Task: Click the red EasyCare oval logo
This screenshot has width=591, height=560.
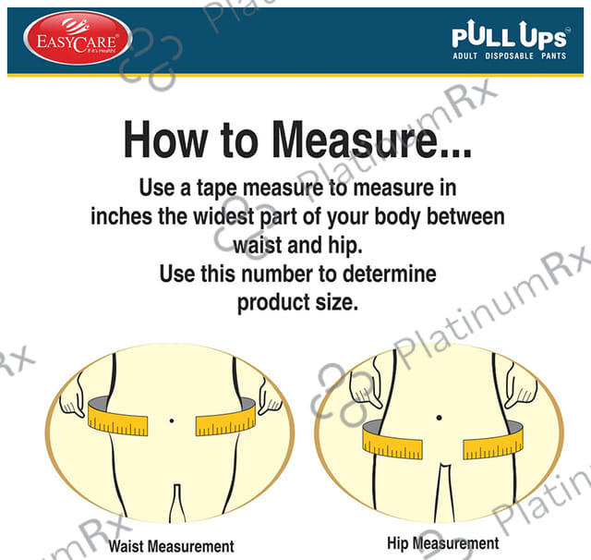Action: coord(78,38)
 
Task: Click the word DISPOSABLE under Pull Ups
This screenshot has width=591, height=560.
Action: coord(509,56)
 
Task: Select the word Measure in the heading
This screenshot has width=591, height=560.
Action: coord(371,140)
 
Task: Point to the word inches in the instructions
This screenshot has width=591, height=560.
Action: coord(121,216)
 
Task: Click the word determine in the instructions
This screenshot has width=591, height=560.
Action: coord(390,274)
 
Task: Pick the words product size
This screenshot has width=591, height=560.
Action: coord(297,302)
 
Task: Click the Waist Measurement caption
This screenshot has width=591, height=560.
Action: coord(172,546)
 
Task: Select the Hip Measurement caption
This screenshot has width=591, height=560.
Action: coord(443,543)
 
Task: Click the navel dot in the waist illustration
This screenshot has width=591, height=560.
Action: coord(172,420)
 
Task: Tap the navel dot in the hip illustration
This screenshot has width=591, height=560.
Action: coord(439,418)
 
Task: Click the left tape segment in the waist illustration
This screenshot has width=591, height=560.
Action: coord(117,419)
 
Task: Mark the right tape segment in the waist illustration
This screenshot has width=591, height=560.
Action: coord(225,418)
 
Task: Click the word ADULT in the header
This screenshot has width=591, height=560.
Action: coord(465,56)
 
